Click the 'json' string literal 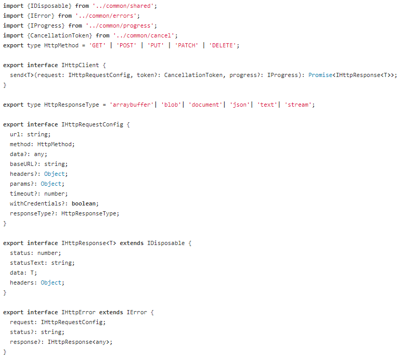click(x=240, y=105)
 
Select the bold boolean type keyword click(x=85, y=203)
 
